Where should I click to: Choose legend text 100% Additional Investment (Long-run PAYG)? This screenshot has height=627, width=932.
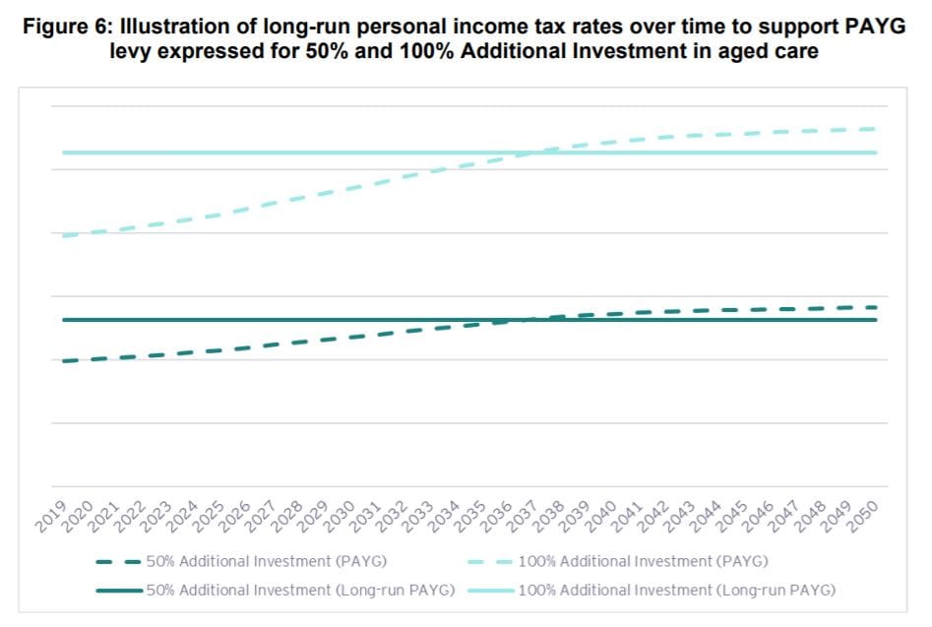(676, 591)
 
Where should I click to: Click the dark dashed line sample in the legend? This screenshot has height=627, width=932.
(118, 562)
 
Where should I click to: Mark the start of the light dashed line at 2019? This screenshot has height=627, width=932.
(63, 236)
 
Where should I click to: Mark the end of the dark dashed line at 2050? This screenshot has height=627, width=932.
(875, 307)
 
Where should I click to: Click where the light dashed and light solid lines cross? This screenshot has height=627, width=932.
(532, 153)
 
